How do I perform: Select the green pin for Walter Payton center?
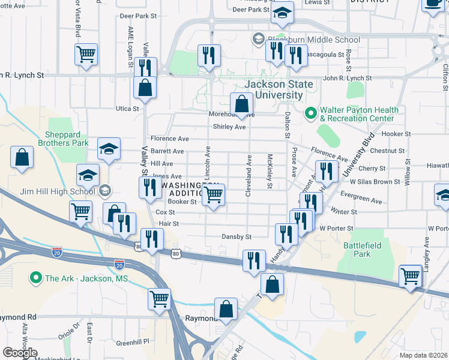[311, 112]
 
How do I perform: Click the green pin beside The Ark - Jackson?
[36, 278]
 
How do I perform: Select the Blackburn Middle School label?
[313, 40]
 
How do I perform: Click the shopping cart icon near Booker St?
[214, 194]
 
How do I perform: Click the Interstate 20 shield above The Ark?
[119, 264]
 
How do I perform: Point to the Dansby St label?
[236, 237]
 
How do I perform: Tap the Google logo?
[20, 353]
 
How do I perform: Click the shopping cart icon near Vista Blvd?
[85, 54]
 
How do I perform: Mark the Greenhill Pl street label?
[135, 343]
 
